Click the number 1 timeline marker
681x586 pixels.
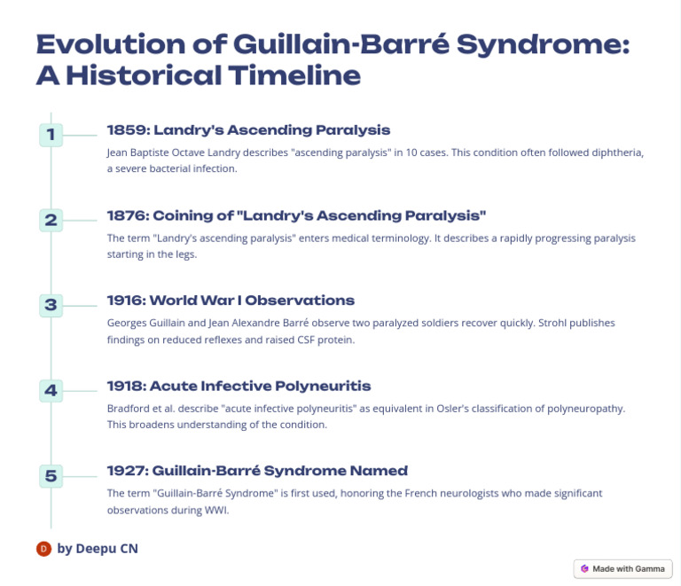[51, 135]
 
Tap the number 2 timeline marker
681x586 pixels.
[51, 220]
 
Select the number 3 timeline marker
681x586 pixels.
[51, 305]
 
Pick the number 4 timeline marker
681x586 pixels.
[51, 390]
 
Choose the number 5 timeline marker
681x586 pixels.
[51, 475]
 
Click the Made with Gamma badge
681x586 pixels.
[623, 568]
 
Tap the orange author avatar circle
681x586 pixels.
[43, 549]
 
